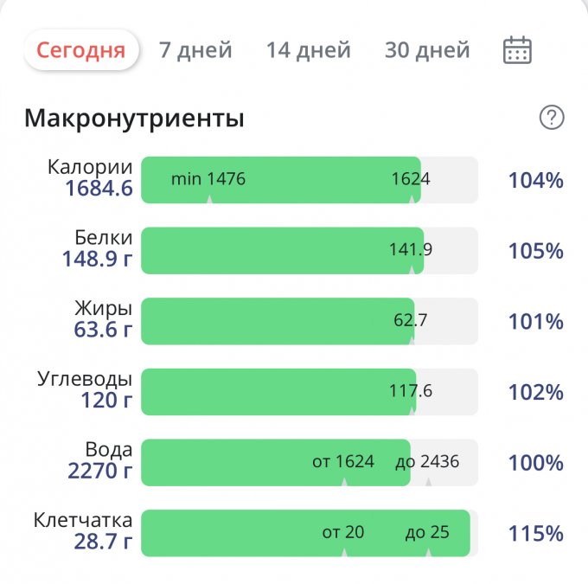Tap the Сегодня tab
click(x=80, y=50)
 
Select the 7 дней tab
click(x=195, y=50)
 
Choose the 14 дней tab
click(x=308, y=50)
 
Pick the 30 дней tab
click(x=427, y=50)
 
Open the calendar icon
click(x=517, y=50)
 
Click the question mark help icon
click(x=551, y=118)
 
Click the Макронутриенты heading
click(x=134, y=119)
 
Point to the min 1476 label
click(x=208, y=179)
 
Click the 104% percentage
click(x=535, y=181)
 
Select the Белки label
click(x=103, y=238)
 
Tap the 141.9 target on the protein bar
click(x=410, y=250)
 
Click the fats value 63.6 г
click(x=103, y=330)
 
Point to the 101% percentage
click(x=535, y=322)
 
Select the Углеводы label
click(x=85, y=379)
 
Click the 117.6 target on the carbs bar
click(x=410, y=391)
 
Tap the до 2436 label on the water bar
click(x=427, y=461)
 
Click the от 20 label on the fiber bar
click(x=343, y=532)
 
